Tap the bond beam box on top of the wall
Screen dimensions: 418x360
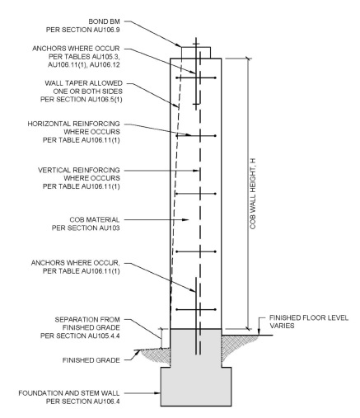coord(196,51)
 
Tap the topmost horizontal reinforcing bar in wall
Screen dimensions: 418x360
coord(196,77)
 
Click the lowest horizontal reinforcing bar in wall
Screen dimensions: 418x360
coord(196,309)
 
